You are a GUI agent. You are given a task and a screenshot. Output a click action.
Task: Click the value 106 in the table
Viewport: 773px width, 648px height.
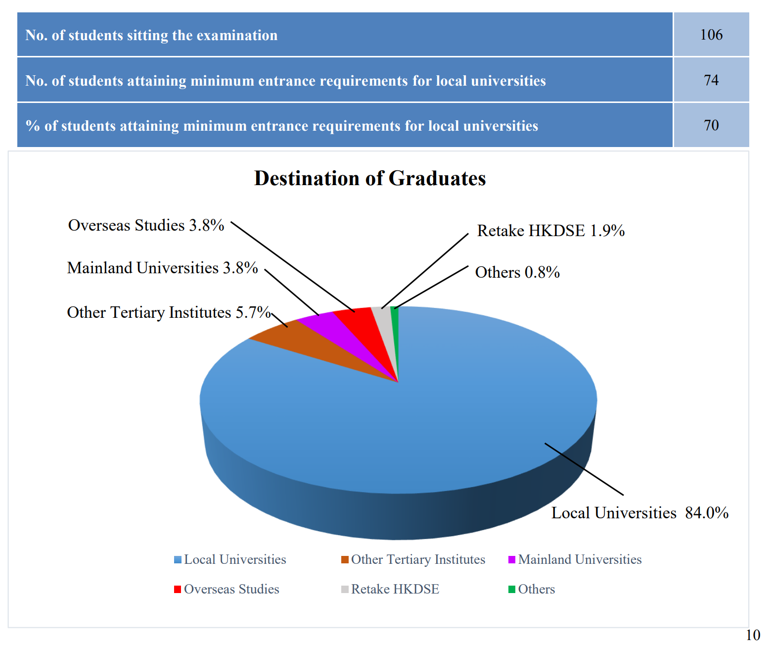click(x=711, y=35)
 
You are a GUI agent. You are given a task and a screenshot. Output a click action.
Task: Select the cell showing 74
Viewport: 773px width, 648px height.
click(x=711, y=80)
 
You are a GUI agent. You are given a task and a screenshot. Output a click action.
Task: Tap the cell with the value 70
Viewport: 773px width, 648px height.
click(x=711, y=125)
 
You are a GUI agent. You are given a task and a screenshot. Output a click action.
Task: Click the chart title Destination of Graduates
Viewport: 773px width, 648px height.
click(x=370, y=178)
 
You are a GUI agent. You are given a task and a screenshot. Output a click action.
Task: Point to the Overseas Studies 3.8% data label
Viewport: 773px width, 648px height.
click(x=146, y=225)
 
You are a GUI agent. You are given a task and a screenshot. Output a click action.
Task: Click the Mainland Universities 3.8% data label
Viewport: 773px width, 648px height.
click(x=162, y=268)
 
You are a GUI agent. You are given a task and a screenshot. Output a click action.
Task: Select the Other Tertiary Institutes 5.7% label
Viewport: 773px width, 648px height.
click(x=169, y=312)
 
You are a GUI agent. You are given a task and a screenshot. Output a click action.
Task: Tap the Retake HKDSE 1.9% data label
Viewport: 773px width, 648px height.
click(x=550, y=231)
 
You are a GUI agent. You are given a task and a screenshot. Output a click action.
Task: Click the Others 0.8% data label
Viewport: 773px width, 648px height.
click(x=517, y=272)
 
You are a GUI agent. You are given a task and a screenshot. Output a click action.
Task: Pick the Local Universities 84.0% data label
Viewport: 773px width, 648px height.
click(x=640, y=513)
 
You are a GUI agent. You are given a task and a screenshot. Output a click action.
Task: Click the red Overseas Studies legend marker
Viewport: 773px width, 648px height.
click(x=178, y=589)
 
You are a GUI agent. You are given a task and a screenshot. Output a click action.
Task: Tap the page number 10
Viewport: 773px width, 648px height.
click(x=753, y=635)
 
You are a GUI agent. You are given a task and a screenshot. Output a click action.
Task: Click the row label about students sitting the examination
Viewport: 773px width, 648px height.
click(x=151, y=35)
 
